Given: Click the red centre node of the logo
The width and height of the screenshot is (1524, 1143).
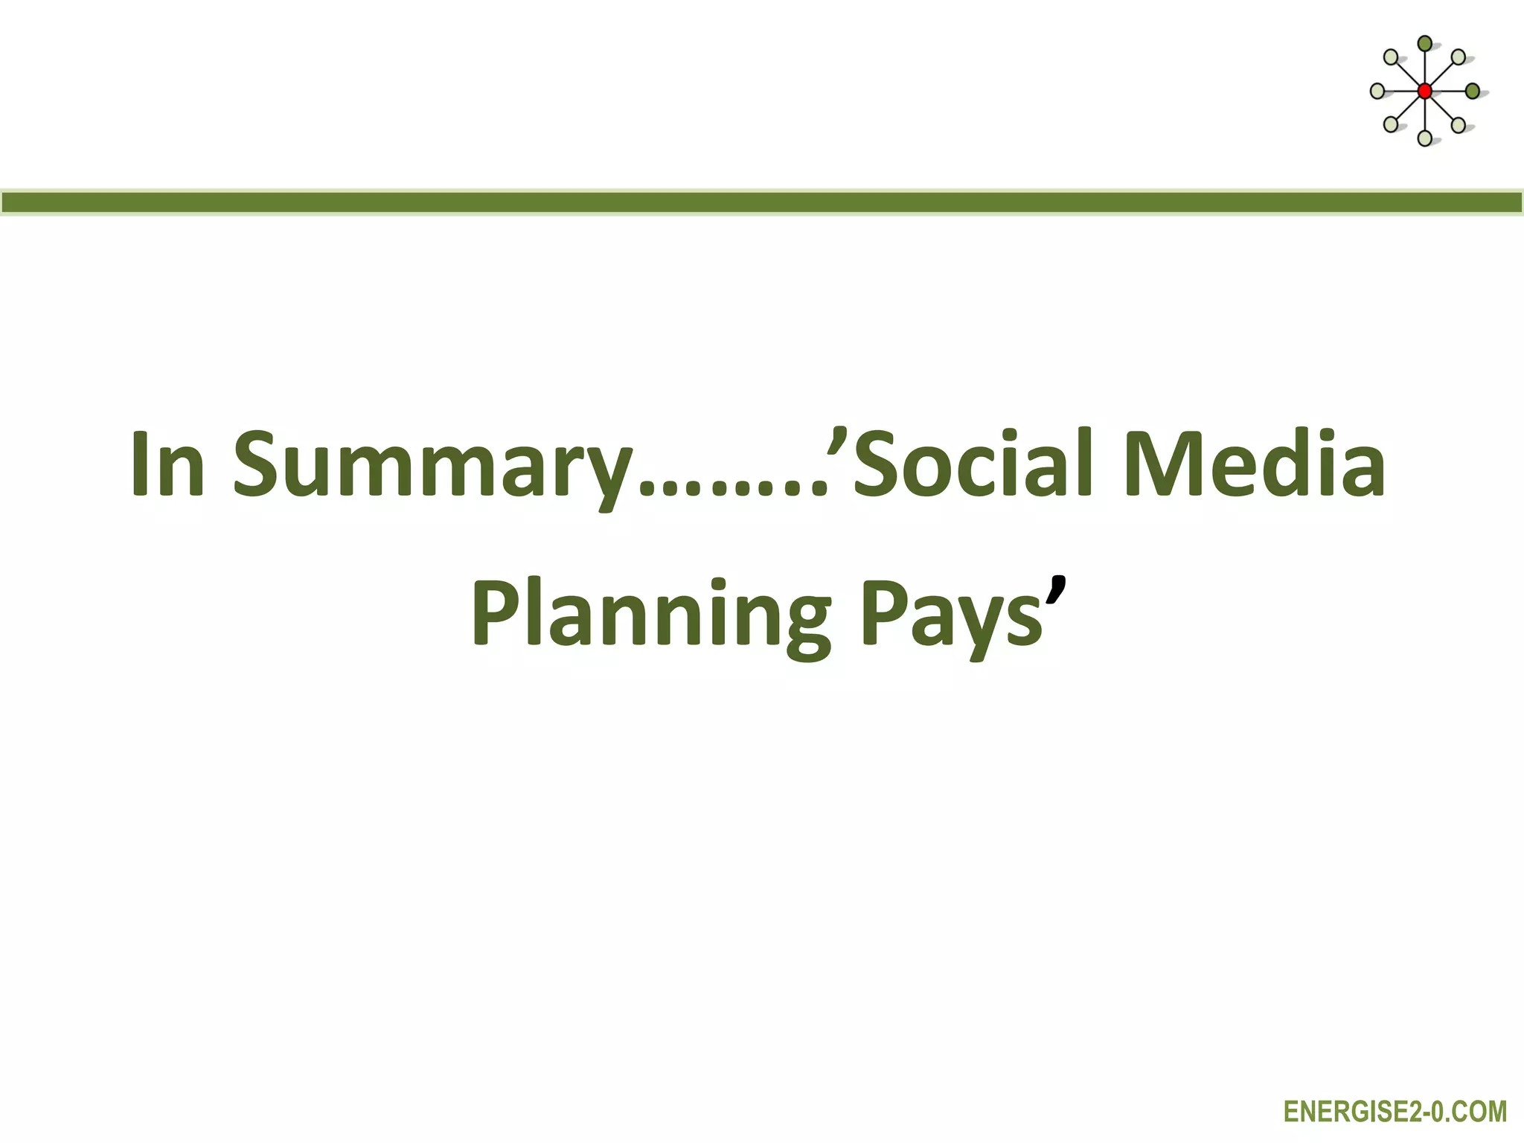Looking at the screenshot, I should point(1424,92).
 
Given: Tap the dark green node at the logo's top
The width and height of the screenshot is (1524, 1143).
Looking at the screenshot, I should point(1424,44).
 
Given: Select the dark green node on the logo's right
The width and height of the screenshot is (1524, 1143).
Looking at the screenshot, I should point(1472,92).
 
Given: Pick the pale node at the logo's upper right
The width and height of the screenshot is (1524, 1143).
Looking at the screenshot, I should point(1459,57).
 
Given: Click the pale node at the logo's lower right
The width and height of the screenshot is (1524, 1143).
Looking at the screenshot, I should point(1459,125).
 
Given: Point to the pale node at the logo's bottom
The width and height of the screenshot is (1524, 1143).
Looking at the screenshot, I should point(1424,138).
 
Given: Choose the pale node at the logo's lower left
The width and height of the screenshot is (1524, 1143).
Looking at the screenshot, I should point(1390,125).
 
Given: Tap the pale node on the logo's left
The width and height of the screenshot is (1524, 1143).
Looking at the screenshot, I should point(1377,92).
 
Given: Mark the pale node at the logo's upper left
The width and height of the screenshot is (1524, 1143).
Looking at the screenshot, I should point(1390,57).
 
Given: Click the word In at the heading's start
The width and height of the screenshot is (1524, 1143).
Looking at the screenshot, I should point(167,464).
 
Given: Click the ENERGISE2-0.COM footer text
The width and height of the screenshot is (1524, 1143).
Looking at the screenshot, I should point(1395,1112).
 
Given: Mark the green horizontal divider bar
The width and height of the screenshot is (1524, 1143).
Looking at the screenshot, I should point(762,202).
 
